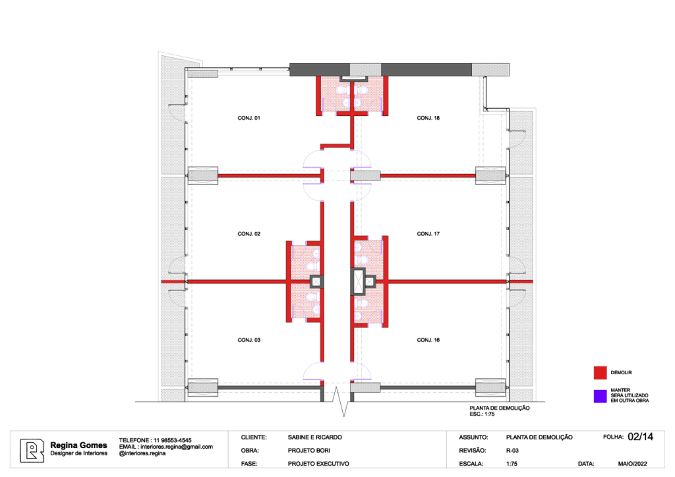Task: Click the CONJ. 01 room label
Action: click(249, 118)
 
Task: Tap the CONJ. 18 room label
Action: click(428, 118)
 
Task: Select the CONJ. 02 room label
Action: click(249, 234)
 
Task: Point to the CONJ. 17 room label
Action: click(428, 234)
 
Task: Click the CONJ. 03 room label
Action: click(249, 340)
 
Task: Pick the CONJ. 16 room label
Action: click(428, 340)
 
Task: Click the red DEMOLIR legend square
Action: click(600, 373)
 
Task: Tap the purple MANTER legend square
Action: click(600, 396)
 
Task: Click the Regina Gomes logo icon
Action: click(32, 451)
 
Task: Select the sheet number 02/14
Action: click(641, 437)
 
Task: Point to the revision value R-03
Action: click(512, 451)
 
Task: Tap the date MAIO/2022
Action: click(632, 464)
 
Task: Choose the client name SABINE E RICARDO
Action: click(314, 437)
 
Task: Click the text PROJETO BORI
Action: click(308, 451)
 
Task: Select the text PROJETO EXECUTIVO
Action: click(318, 464)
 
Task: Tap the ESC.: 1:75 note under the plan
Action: click(482, 414)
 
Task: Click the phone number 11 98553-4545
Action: click(172, 441)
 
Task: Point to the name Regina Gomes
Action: click(79, 445)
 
